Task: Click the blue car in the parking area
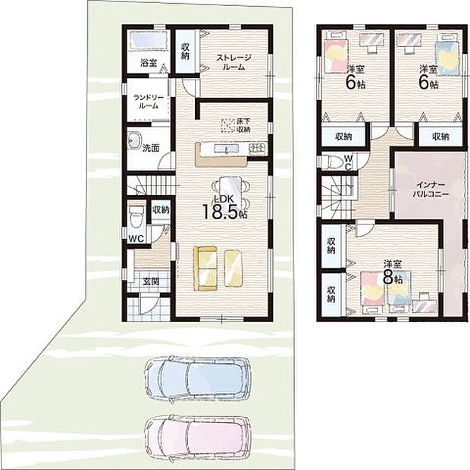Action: click(197, 379)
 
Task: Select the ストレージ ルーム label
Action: click(233, 62)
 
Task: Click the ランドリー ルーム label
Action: click(149, 102)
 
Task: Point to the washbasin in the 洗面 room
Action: click(135, 141)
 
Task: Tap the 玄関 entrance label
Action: click(151, 282)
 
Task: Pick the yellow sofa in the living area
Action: click(205, 268)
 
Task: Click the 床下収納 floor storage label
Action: click(243, 126)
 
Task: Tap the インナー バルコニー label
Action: click(431, 190)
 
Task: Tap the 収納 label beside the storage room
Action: click(185, 52)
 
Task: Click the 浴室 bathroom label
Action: click(149, 63)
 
